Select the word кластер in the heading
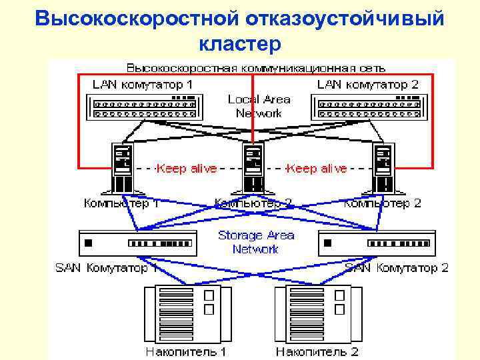[x=240, y=44]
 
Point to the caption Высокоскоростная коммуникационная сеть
[x=256, y=67]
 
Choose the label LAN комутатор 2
[x=367, y=85]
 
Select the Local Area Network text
[x=259, y=106]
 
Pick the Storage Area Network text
[x=256, y=242]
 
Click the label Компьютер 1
[x=121, y=203]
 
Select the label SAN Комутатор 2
[x=397, y=268]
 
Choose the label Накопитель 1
[x=186, y=351]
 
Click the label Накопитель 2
[x=317, y=351]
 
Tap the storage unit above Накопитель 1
[x=187, y=312]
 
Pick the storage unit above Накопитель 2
[x=317, y=312]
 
